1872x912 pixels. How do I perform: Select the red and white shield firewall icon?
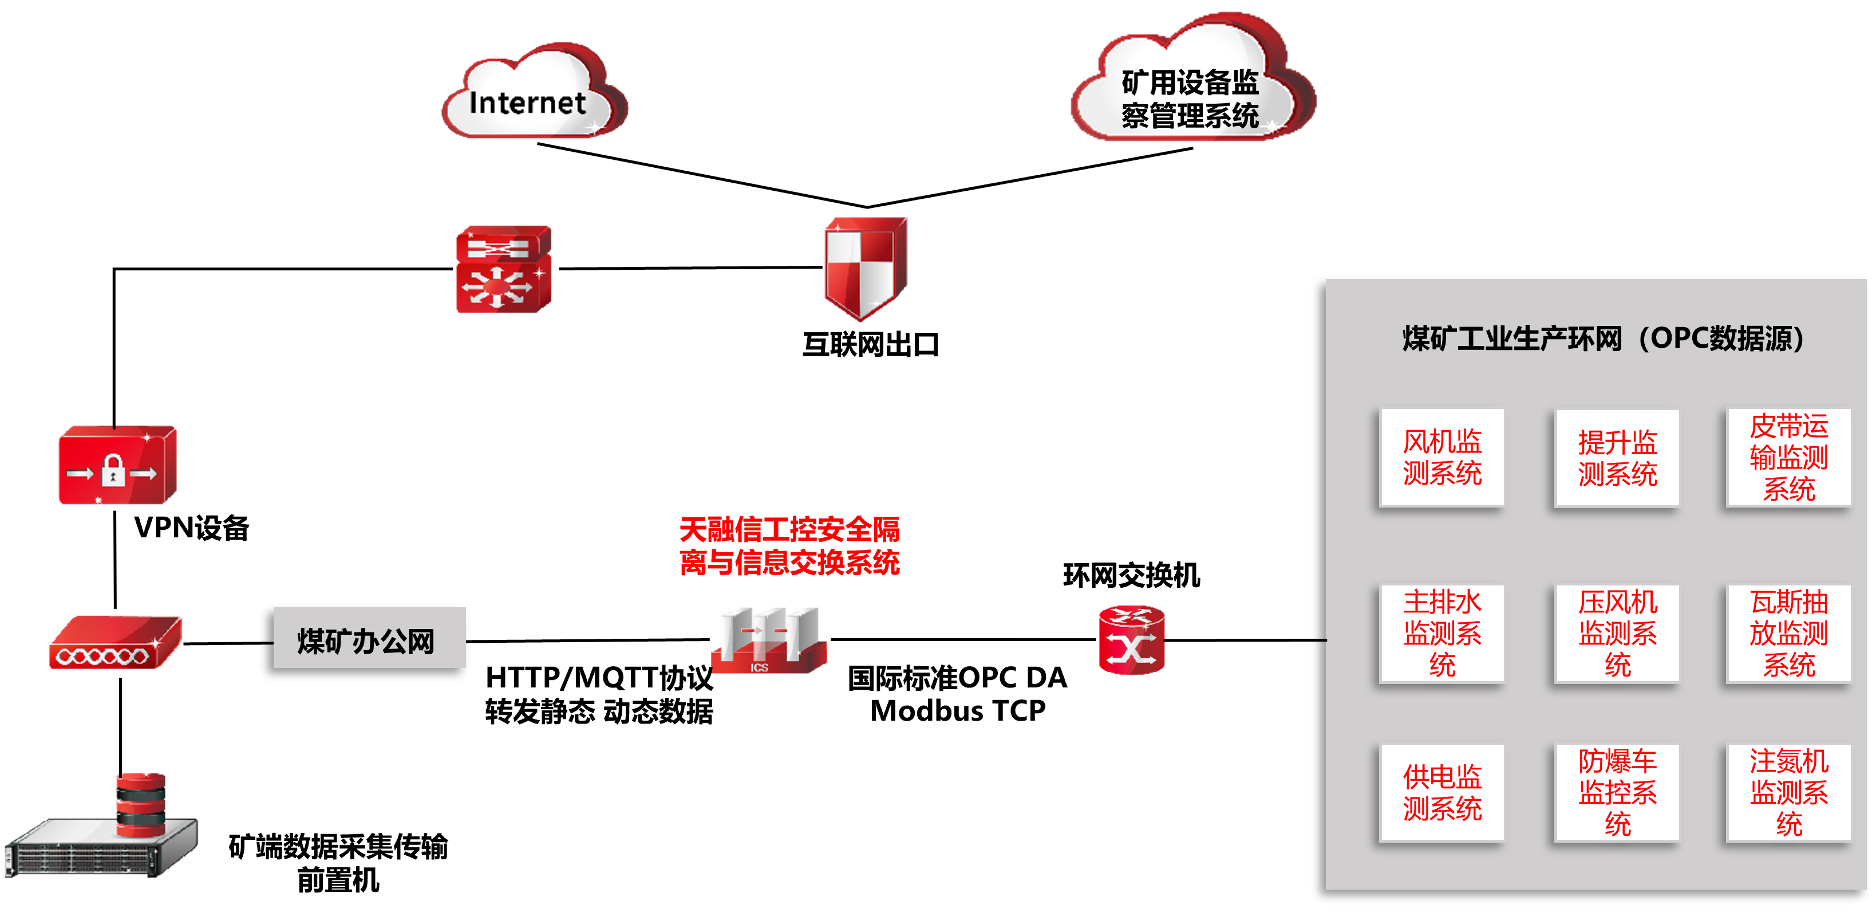tap(866, 267)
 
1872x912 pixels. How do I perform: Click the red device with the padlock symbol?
tap(117, 466)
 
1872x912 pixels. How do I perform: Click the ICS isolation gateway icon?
tap(769, 640)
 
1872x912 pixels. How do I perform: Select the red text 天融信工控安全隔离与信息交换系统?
tap(789, 545)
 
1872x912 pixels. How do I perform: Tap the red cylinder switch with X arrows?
tap(1131, 640)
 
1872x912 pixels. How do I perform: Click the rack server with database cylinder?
tap(102, 829)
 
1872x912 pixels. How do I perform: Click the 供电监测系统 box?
tap(1442, 793)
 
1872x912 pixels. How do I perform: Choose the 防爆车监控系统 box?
tap(1617, 793)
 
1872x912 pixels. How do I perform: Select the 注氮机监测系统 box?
tap(1788, 793)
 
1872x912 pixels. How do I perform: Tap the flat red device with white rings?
tap(115, 643)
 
